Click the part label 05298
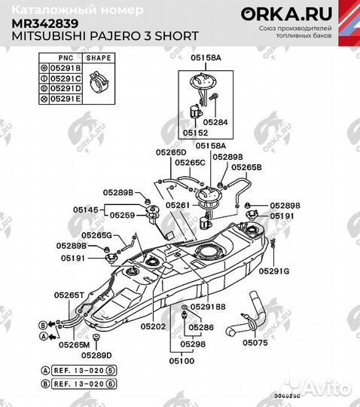point(192,344)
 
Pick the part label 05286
point(201,328)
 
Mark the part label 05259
point(122,215)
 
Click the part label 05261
point(178,205)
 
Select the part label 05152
point(195,131)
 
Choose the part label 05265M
point(74,344)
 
